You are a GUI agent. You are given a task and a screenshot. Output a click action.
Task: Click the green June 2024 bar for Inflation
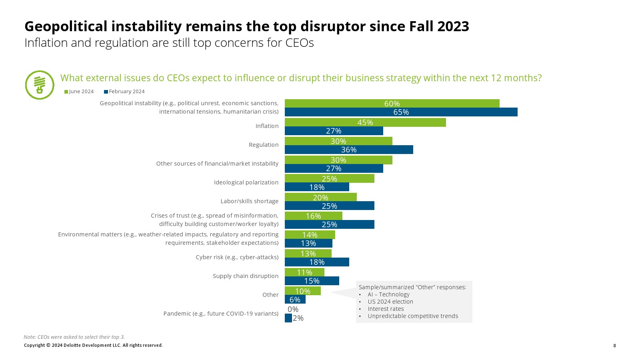coord(365,122)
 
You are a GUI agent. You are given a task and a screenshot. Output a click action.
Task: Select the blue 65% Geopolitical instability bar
coord(401,112)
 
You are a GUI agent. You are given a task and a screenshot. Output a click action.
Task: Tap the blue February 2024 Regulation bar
coord(349,150)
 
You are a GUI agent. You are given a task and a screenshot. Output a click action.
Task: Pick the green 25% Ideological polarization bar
coord(329,178)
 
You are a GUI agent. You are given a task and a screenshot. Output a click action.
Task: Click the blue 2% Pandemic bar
coord(288,318)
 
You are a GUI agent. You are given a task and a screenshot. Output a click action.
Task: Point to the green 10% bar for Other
coord(302,291)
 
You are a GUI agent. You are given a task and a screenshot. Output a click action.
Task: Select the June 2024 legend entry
coord(79,92)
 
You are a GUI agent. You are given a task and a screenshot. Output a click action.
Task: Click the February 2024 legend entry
coord(124,92)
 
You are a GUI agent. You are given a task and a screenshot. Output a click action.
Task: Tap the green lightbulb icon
coord(40,85)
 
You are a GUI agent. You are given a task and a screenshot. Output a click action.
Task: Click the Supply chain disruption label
coord(245,276)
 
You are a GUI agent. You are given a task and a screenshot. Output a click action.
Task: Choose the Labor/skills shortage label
coord(249,201)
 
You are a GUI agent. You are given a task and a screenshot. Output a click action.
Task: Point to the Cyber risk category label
coord(237,257)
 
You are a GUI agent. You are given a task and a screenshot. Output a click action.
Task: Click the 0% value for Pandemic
coord(293,309)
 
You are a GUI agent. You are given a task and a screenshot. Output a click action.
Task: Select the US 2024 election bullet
coord(390,302)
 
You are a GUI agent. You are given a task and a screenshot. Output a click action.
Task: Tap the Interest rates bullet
coord(386,309)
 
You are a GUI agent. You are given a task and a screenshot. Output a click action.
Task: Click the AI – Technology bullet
coord(388,294)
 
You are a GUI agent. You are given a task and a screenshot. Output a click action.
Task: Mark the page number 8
coord(614,346)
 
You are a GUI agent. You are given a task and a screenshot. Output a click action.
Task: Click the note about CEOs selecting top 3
coord(74,337)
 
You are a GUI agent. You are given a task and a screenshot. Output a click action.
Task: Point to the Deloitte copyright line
coord(93,345)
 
